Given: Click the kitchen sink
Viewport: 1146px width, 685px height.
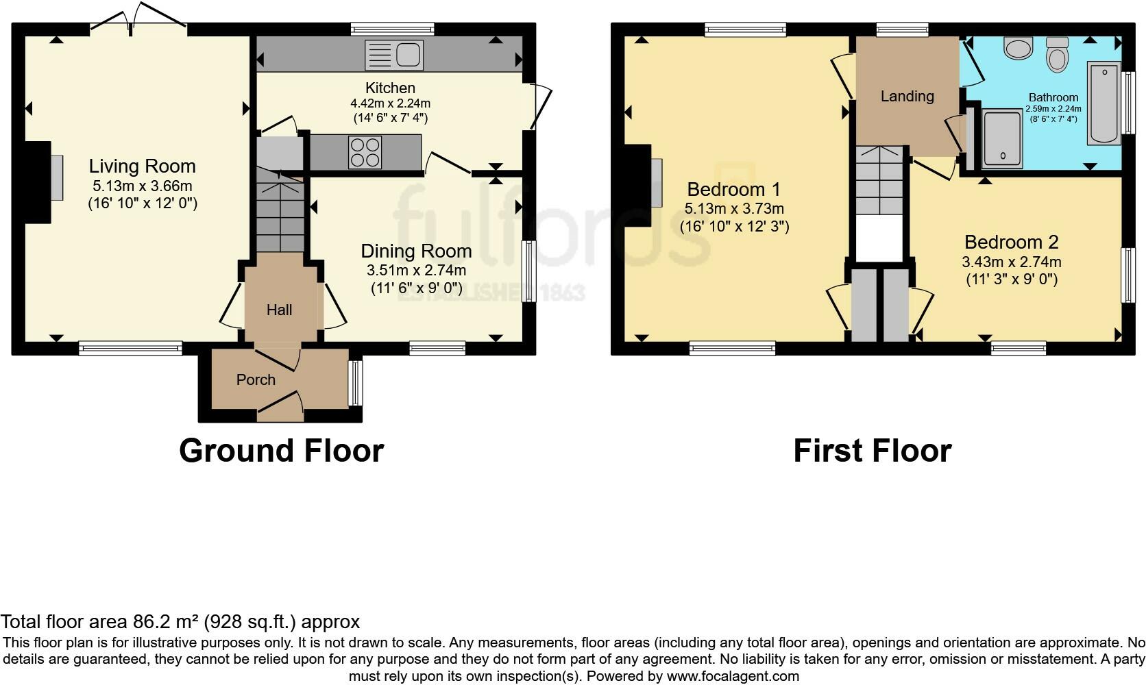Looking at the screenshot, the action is pyautogui.click(x=394, y=55).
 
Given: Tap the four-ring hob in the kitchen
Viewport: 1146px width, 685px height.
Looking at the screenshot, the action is pyautogui.click(x=365, y=152).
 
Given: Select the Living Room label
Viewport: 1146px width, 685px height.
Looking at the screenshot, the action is pyautogui.click(x=143, y=166).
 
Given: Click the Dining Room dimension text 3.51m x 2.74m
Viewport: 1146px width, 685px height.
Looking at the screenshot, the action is pyautogui.click(x=417, y=271).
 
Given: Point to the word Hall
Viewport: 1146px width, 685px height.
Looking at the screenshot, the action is pyautogui.click(x=280, y=310).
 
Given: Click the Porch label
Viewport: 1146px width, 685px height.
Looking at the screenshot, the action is pyautogui.click(x=256, y=379).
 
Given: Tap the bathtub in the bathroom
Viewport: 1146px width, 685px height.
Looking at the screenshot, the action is pyautogui.click(x=1104, y=103).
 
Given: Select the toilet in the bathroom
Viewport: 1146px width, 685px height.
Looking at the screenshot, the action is pyautogui.click(x=1057, y=54).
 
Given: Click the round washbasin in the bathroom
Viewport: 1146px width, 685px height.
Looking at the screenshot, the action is pyautogui.click(x=1019, y=48).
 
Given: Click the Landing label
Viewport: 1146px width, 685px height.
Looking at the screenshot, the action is pyautogui.click(x=907, y=96).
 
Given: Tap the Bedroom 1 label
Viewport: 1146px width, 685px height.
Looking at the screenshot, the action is pyautogui.click(x=733, y=190).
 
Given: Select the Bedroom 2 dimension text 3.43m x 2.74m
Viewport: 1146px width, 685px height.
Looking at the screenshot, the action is pyautogui.click(x=1012, y=262).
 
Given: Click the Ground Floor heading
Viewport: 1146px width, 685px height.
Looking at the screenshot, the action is pyautogui.click(x=282, y=451).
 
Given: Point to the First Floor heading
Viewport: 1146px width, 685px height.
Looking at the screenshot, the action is pyautogui.click(x=873, y=451).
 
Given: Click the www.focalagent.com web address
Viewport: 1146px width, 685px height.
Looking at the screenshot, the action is pyautogui.click(x=733, y=676).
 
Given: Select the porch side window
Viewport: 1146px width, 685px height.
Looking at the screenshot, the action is pyautogui.click(x=356, y=383).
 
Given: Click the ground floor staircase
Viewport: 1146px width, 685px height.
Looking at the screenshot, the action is pyautogui.click(x=280, y=210).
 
